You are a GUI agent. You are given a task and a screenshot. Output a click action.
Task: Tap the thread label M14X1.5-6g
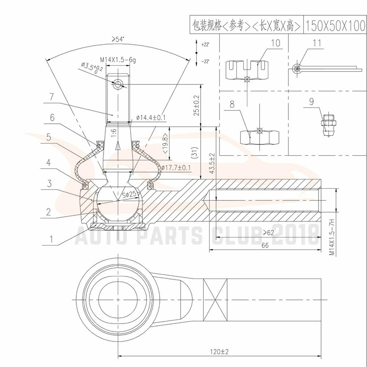click(118, 60)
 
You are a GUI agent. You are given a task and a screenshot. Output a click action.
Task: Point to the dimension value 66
click(265, 245)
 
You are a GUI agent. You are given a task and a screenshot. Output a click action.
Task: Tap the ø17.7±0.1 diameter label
click(176, 167)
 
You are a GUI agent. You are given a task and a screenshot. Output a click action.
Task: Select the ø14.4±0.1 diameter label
click(151, 118)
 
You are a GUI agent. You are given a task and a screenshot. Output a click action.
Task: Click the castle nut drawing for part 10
click(247, 69)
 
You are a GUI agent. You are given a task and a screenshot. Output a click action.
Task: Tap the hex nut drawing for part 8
click(260, 136)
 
